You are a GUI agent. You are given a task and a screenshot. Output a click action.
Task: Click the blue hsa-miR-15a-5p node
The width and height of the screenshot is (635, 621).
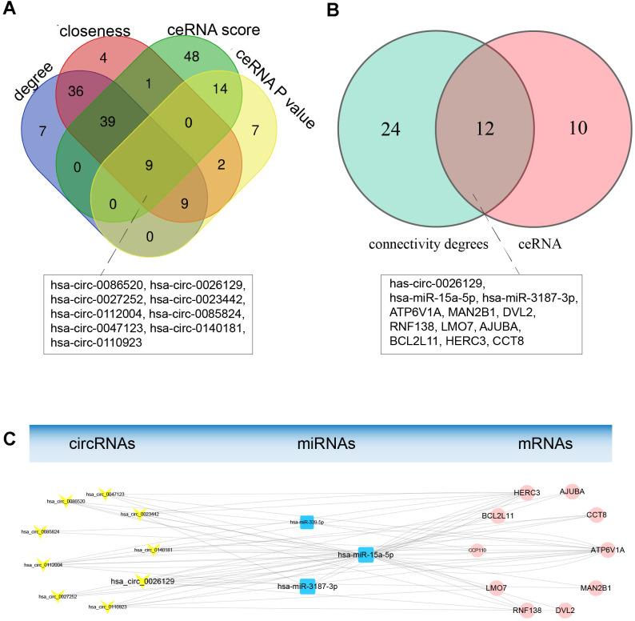click(365, 555)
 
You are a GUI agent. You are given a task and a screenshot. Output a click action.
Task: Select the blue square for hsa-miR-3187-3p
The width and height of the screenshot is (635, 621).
click(307, 585)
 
